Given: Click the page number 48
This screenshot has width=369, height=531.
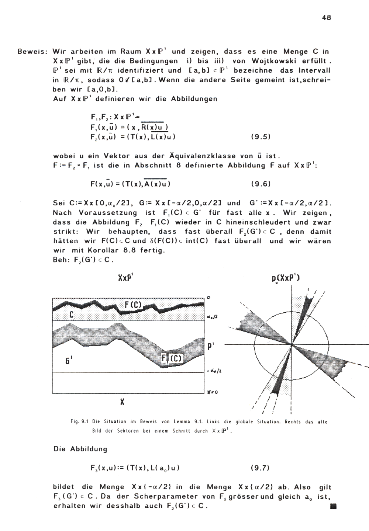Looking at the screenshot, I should (326, 17).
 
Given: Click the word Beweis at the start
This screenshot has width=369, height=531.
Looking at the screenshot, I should (31, 52).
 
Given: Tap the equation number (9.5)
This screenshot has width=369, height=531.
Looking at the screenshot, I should (261, 136).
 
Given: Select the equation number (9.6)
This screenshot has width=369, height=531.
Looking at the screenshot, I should (261, 184).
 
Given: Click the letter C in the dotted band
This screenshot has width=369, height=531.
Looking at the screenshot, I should (71, 315).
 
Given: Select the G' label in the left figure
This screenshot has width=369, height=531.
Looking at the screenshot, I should (68, 361).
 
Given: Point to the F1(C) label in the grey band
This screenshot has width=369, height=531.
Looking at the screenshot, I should (172, 358).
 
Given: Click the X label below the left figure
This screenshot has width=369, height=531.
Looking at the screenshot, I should (121, 402).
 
